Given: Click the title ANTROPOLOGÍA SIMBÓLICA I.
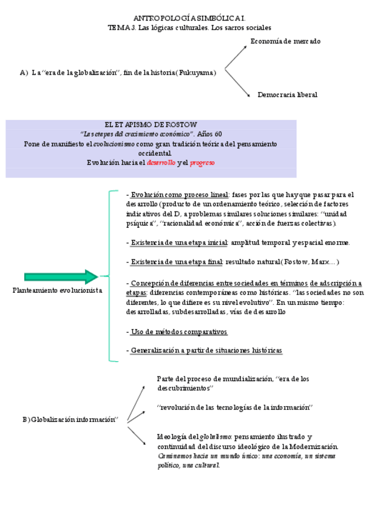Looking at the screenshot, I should click(x=189, y=19).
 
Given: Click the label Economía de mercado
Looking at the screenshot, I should click(x=285, y=41).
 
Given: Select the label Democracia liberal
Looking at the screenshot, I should click(x=287, y=95).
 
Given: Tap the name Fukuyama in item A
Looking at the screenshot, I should click(x=195, y=73).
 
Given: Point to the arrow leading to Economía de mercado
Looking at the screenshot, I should click(x=235, y=56).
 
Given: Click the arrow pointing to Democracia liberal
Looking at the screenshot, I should click(x=237, y=83).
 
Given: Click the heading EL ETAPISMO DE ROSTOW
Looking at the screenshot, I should click(x=151, y=124).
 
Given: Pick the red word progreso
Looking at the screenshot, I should click(x=202, y=162).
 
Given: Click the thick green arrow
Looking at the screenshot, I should click(x=61, y=276).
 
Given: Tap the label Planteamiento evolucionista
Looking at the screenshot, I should click(x=57, y=290).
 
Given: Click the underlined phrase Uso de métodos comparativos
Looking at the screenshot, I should click(x=179, y=332).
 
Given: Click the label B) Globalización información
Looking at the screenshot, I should click(x=68, y=419).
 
